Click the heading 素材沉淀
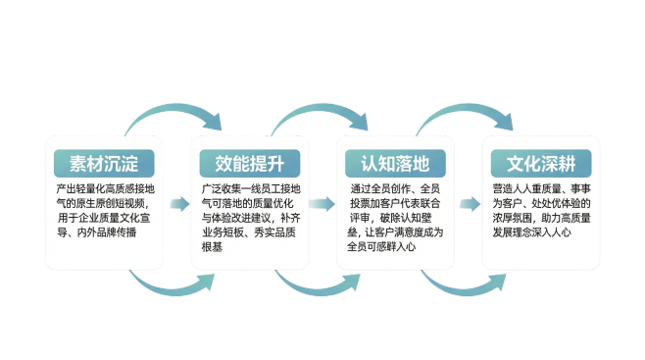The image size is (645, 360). pyautogui.click(x=104, y=161)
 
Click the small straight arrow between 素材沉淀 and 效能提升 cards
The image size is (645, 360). pyautogui.click(x=177, y=204)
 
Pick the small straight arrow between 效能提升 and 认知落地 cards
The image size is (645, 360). pyautogui.click(x=322, y=204)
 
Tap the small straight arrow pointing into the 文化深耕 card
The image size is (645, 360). pyautogui.click(x=469, y=204)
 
